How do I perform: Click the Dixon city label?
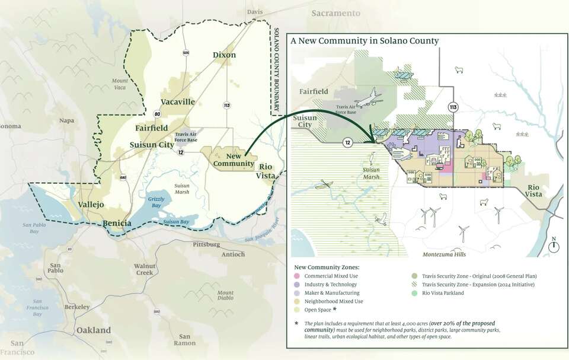(224, 55)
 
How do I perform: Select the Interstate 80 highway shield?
(157, 114)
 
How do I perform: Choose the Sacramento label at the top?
(335, 13)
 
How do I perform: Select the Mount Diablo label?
(225, 297)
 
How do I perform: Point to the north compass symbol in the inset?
(554, 245)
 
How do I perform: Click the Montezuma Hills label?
(444, 254)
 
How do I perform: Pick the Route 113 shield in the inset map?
(453, 107)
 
